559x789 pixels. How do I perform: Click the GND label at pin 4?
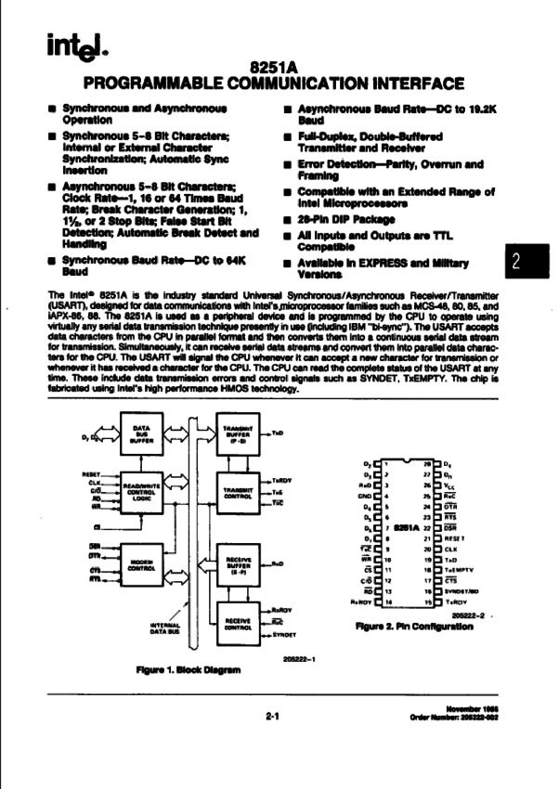364,497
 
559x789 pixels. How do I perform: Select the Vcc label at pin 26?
453,485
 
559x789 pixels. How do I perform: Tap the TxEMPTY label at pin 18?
461,572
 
